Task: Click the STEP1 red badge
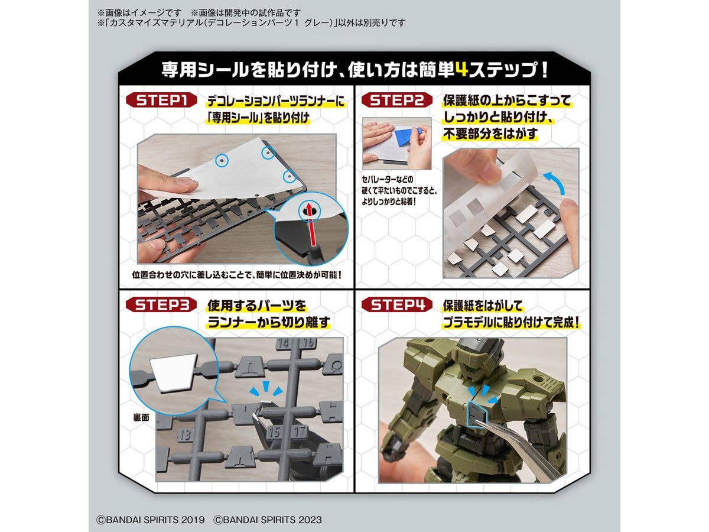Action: pos(161,100)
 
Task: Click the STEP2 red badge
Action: pos(396,100)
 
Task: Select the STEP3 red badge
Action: pos(161,304)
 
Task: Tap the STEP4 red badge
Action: pos(396,304)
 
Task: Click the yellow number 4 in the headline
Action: pos(461,70)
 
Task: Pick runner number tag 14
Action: pos(283,343)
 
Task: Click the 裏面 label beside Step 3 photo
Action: pos(141,418)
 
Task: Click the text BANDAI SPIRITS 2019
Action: pos(151,520)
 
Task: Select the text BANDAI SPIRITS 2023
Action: pos(268,520)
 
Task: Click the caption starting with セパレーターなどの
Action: pos(399,190)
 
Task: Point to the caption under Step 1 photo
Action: pos(236,275)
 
